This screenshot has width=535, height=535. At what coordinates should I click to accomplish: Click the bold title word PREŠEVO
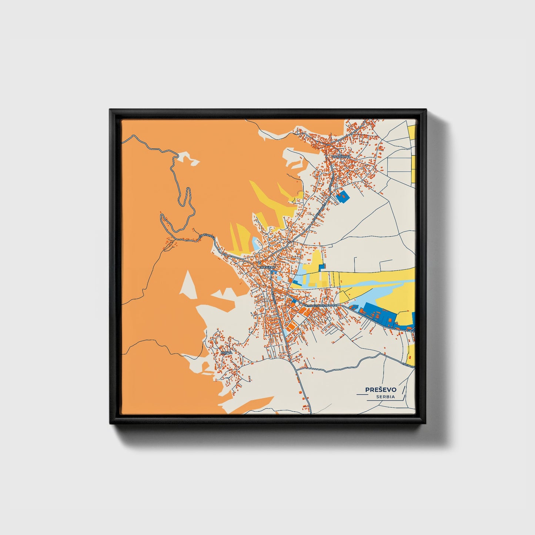point(381,389)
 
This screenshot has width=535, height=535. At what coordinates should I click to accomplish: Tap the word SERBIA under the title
point(385,397)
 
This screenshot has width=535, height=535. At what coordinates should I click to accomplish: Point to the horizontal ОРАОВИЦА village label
point(341,157)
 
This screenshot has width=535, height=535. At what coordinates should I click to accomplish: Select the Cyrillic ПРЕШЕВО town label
point(267,267)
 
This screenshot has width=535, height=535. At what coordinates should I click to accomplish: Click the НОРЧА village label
point(226,352)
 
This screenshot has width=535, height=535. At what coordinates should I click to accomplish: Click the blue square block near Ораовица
point(343,196)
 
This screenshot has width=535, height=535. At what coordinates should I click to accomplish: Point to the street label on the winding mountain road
point(207,235)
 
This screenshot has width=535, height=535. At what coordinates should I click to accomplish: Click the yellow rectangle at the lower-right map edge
point(411,354)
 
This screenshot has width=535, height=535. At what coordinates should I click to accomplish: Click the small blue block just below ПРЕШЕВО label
point(274,272)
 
